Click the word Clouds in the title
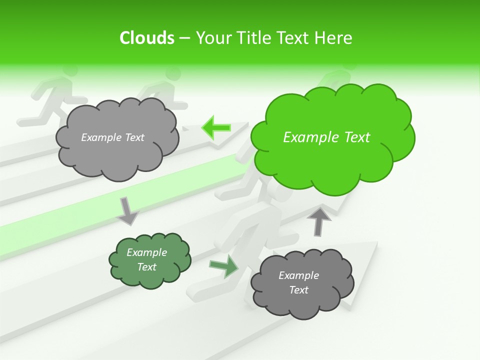(147, 38)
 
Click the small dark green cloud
(149, 260)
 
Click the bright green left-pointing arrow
(215, 128)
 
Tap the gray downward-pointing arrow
(127, 210)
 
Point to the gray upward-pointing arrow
(318, 221)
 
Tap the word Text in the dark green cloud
(147, 267)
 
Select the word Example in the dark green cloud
(147, 252)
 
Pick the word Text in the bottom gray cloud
(299, 290)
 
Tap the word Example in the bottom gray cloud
(299, 275)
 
